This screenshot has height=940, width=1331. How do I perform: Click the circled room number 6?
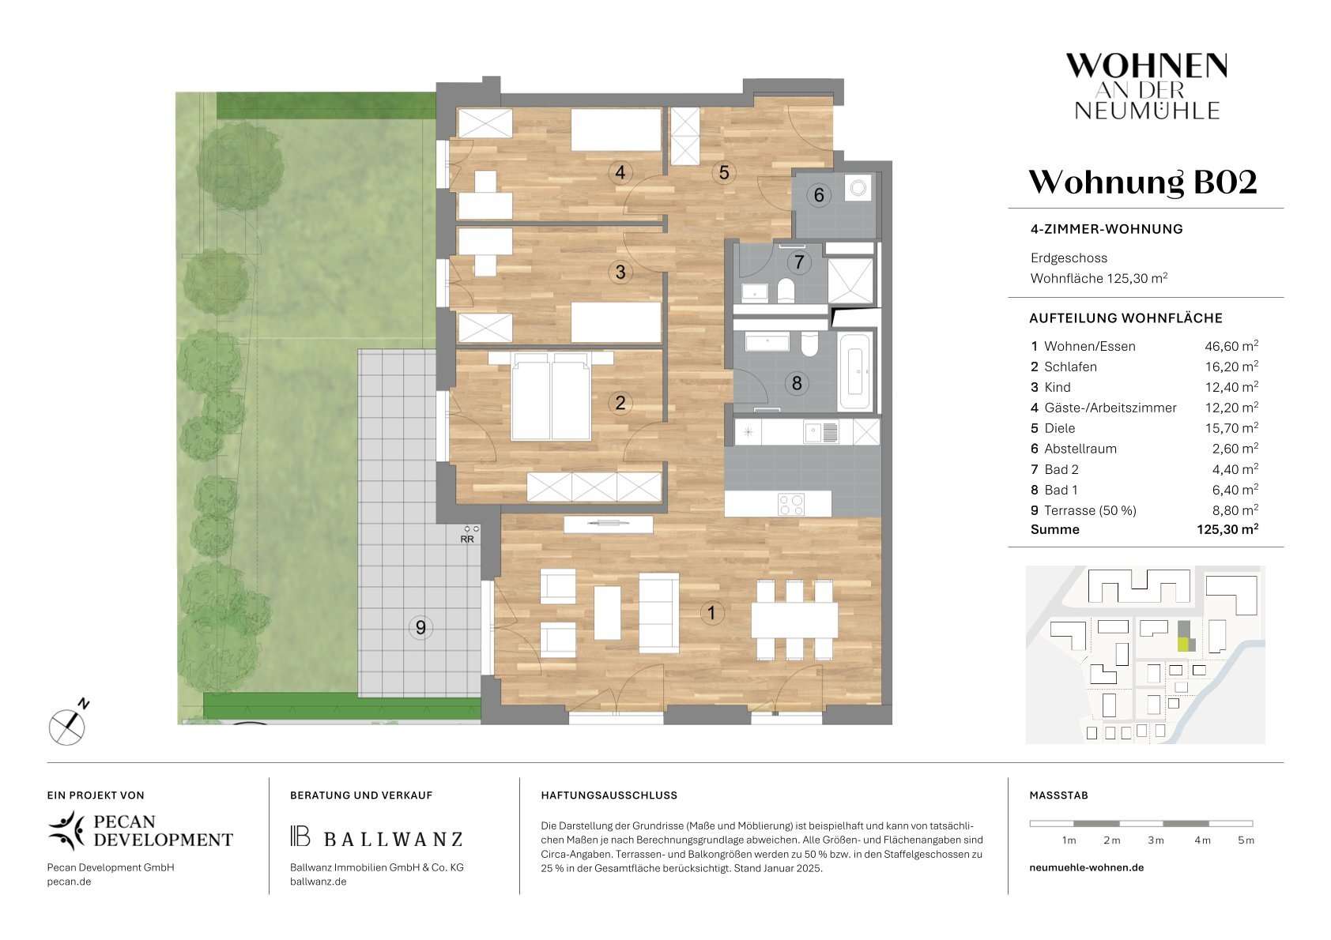pyautogui.click(x=818, y=195)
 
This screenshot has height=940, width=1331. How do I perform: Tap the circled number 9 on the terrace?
pyautogui.click(x=420, y=627)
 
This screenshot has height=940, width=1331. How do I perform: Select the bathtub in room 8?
pyautogui.click(x=855, y=371)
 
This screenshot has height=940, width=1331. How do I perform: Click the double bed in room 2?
pyautogui.click(x=551, y=396)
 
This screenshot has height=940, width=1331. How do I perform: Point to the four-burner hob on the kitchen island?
pyautogui.click(x=791, y=504)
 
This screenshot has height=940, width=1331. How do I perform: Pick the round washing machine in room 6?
pyautogui.click(x=858, y=188)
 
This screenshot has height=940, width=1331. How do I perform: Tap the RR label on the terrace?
pyautogui.click(x=467, y=540)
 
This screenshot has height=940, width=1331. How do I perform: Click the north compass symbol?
pyautogui.click(x=68, y=724)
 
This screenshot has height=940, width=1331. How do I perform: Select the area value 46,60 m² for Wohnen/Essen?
pyautogui.click(x=1231, y=346)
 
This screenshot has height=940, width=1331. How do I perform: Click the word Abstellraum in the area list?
pyautogui.click(x=1080, y=449)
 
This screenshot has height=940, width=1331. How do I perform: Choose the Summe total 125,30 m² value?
pyautogui.click(x=1227, y=529)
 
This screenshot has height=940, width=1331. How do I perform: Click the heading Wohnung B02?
pyautogui.click(x=1143, y=182)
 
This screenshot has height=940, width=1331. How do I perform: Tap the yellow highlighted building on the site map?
pyautogui.click(x=1183, y=645)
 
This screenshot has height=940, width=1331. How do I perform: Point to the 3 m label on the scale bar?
pyautogui.click(x=1155, y=840)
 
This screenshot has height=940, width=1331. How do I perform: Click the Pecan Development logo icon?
pyautogui.click(x=66, y=830)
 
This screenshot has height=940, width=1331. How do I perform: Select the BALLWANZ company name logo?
pyautogui.click(x=376, y=837)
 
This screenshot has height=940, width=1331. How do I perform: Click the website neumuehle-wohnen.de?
pyautogui.click(x=1086, y=867)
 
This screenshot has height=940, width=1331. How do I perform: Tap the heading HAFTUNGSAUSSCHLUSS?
pyautogui.click(x=609, y=795)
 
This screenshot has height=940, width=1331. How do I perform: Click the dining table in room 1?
pyautogui.click(x=794, y=621)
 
